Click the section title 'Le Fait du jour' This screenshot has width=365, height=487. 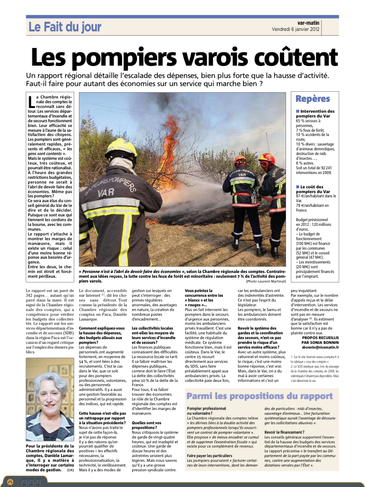click(x=65, y=28)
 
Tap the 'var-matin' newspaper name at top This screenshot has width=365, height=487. click(x=308, y=23)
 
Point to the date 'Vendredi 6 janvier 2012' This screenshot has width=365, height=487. click(x=296, y=29)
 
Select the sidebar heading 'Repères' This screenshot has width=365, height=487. click(x=312, y=99)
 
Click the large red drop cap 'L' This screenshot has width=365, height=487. click(x=31, y=102)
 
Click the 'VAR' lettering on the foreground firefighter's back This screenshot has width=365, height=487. click(x=106, y=193)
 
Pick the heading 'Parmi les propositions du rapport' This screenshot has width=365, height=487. click(x=259, y=396)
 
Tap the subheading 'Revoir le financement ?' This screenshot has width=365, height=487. click(x=285, y=431)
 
